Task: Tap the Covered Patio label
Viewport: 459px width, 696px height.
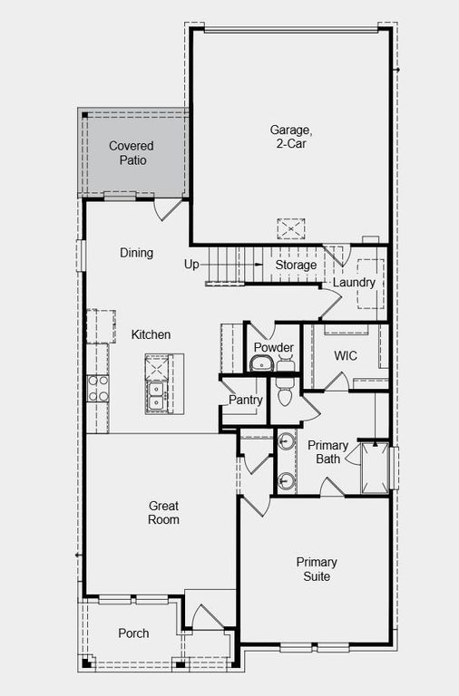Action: click(132, 153)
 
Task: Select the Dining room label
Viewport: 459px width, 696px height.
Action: click(136, 253)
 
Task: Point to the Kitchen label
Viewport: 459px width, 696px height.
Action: click(151, 334)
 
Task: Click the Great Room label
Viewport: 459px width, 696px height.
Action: click(164, 513)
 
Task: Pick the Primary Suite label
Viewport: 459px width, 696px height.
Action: click(317, 569)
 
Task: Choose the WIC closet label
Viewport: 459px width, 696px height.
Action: click(346, 355)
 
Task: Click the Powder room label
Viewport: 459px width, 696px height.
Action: click(273, 348)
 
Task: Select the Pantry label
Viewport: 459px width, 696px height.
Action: click(246, 400)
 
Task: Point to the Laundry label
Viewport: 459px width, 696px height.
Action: click(354, 283)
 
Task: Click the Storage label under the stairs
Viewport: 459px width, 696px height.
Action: click(297, 265)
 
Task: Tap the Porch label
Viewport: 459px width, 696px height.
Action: click(133, 633)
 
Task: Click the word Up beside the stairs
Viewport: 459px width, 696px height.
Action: click(191, 265)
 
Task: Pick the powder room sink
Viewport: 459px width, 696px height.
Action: click(261, 364)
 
